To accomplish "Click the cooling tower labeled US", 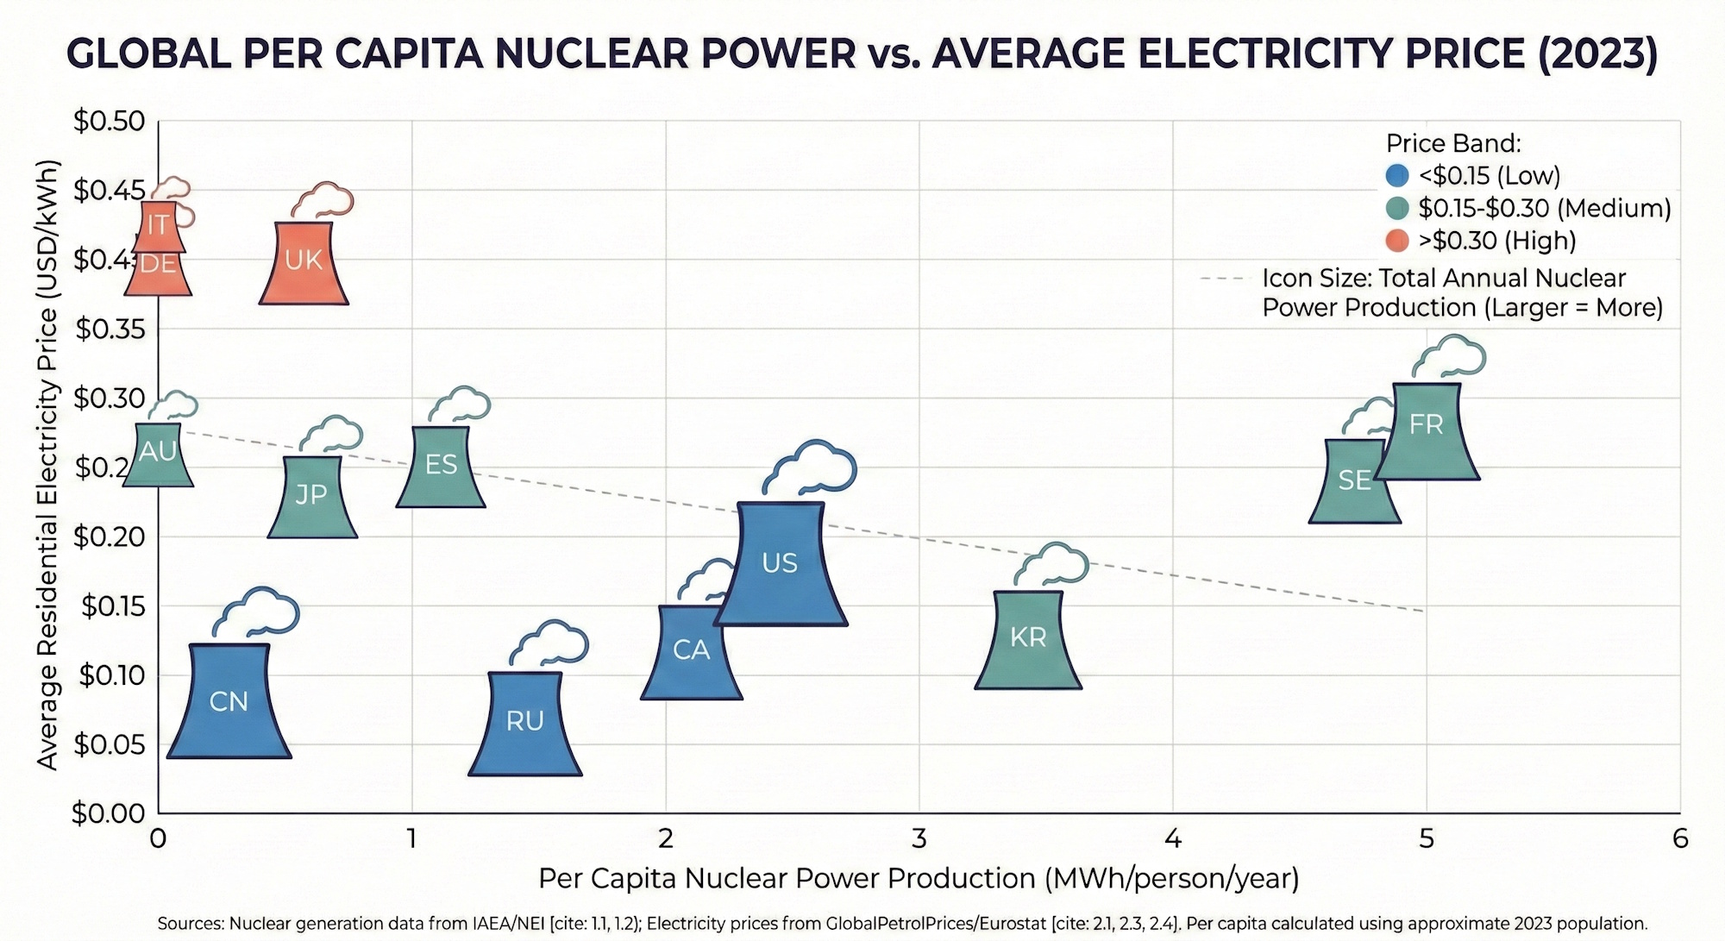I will [x=781, y=564].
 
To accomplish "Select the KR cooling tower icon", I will [x=1028, y=639].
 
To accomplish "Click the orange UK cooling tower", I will [x=304, y=263].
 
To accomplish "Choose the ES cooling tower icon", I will [x=441, y=467].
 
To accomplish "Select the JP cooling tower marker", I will [x=311, y=497].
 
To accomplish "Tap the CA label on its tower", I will [x=691, y=650].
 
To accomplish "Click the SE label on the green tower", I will [x=1354, y=481].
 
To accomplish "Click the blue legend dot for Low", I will [x=1397, y=175].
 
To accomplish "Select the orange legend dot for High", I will [x=1397, y=241].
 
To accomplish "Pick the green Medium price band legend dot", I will [x=1397, y=208].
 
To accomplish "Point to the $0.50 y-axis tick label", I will [x=109, y=122].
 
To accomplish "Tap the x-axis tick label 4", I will [x=1173, y=837].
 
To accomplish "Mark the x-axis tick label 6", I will [x=1680, y=837].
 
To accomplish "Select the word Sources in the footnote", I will [x=189, y=924].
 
